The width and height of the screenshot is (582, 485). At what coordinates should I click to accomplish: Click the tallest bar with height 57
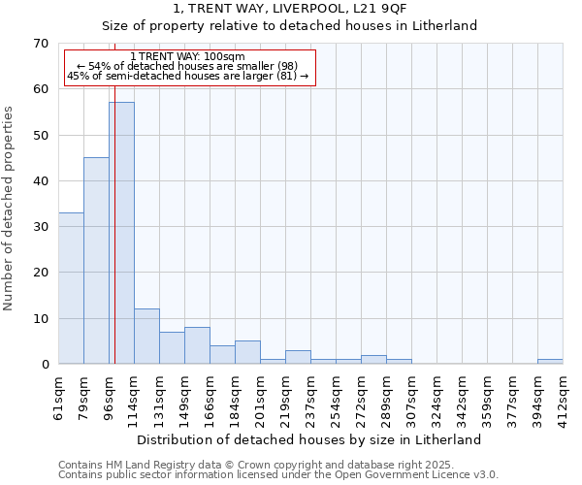click(121, 233)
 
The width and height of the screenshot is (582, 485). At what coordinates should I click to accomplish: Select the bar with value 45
click(96, 260)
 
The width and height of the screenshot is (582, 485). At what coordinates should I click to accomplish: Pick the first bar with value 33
click(71, 288)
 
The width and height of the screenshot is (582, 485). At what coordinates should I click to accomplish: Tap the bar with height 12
click(146, 336)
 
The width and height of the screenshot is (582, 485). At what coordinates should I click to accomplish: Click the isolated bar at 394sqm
click(550, 362)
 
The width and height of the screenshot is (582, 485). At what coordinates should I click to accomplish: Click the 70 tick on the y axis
click(40, 44)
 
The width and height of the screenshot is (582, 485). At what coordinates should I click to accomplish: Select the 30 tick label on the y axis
click(40, 227)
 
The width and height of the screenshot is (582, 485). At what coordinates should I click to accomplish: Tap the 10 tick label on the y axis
click(40, 318)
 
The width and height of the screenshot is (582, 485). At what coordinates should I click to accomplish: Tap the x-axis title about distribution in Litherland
click(310, 439)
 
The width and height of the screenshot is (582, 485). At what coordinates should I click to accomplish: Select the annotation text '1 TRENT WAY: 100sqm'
click(187, 57)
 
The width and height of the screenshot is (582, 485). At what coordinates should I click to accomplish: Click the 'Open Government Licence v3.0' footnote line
click(278, 474)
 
